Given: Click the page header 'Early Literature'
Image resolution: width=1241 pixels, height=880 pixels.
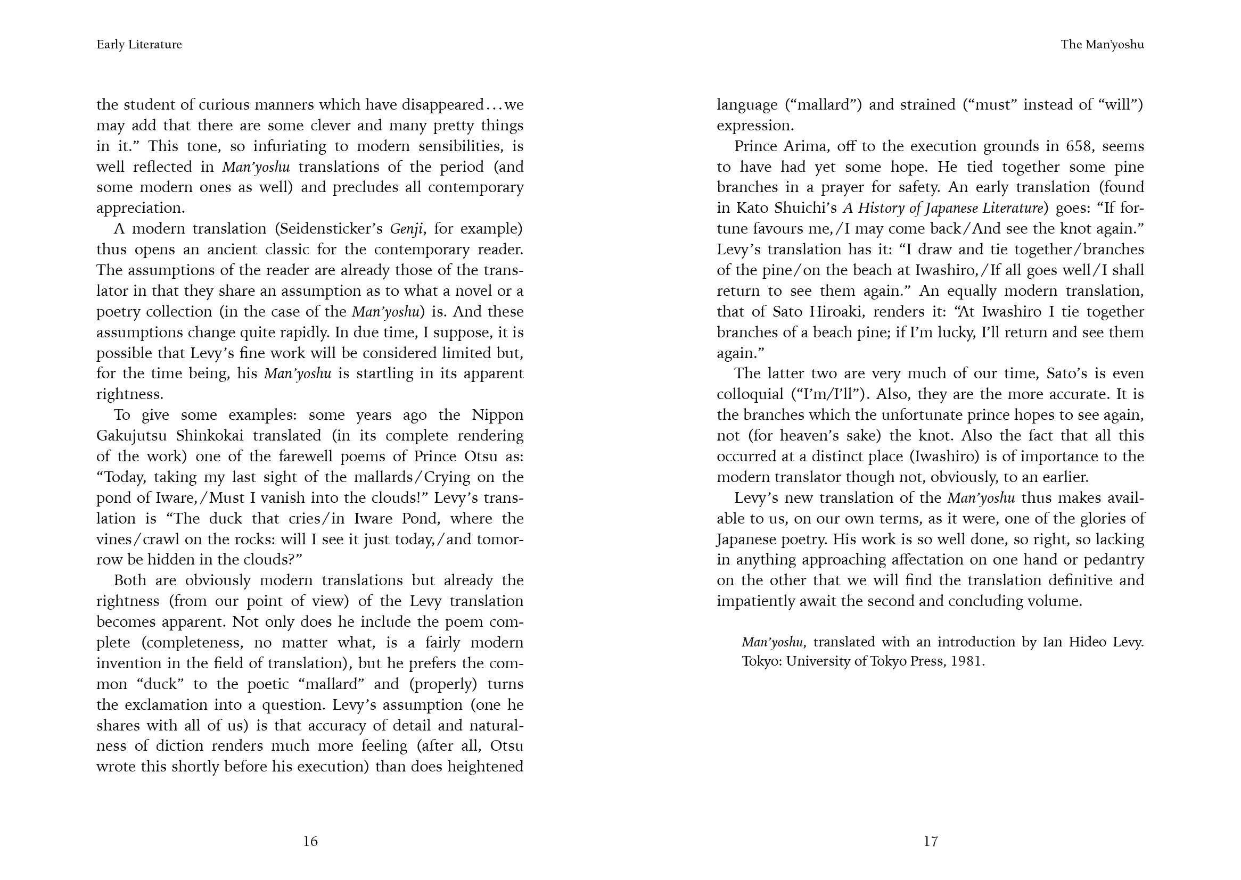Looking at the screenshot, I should tap(139, 45).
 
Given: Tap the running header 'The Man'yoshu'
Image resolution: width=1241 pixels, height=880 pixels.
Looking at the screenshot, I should tap(1102, 45).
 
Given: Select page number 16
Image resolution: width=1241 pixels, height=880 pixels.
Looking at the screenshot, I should tap(310, 841).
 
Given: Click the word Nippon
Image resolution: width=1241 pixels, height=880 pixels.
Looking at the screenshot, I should tap(497, 415).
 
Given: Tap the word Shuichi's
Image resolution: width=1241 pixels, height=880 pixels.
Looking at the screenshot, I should tap(803, 208).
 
